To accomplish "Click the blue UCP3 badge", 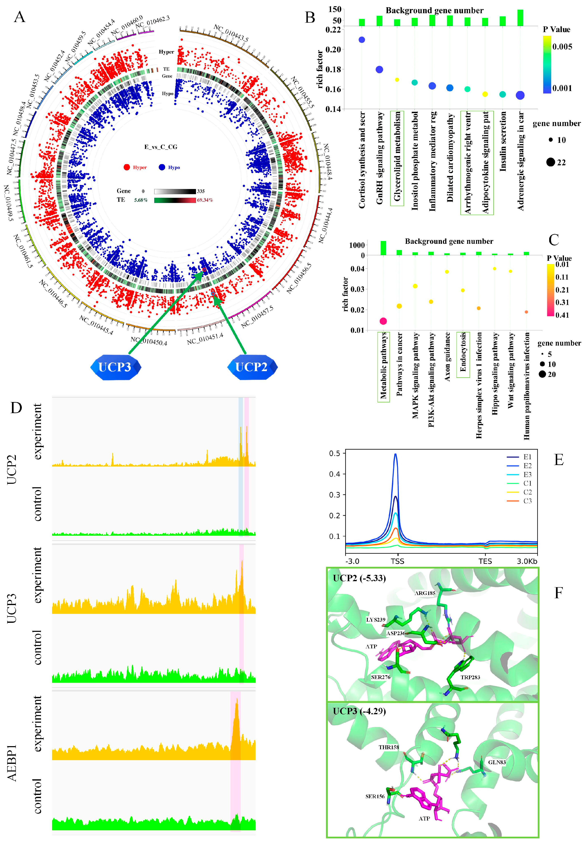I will click(x=115, y=367).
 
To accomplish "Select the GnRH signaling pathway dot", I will click(x=379, y=69).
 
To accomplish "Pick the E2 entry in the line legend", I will click(x=527, y=466).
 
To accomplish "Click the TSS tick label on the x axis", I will click(x=397, y=561).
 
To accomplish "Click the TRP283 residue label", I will click(x=470, y=677).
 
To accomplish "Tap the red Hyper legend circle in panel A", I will click(x=127, y=167).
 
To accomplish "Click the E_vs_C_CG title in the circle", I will click(x=161, y=147).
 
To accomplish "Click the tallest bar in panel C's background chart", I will click(x=383, y=248).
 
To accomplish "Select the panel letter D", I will click(x=16, y=408).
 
